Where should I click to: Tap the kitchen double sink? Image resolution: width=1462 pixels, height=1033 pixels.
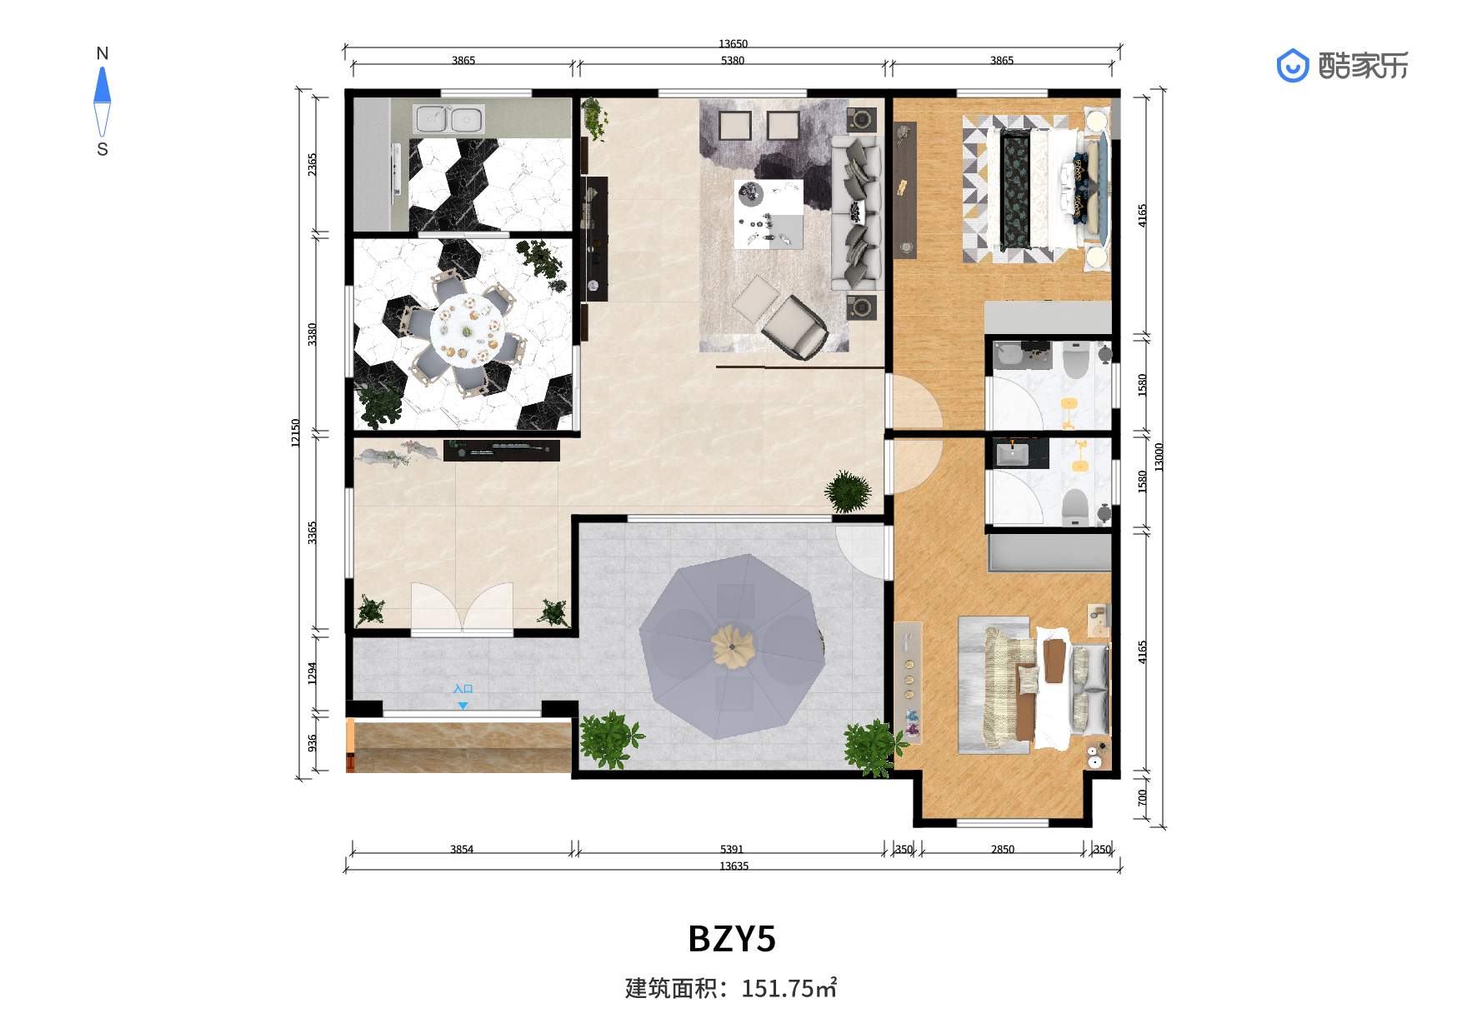448,119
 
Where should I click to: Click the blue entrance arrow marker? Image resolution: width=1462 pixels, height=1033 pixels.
463,706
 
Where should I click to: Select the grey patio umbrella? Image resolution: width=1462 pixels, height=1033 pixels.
733,646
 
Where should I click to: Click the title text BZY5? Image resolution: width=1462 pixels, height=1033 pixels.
732,938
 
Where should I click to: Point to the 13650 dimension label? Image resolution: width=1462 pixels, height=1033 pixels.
733,43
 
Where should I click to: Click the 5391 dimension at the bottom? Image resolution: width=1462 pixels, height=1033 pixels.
731,849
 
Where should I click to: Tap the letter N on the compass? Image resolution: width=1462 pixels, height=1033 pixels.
103,54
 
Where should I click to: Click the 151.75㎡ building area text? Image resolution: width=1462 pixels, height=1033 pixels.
789,988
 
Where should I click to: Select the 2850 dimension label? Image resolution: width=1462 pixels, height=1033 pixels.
1003,849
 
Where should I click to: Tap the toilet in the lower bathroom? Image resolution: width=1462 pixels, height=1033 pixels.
1076,506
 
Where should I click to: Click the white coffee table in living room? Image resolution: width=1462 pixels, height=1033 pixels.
769,213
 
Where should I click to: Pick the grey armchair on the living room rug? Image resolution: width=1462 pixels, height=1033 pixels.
795,327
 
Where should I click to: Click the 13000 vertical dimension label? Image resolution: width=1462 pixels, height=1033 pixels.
1159,457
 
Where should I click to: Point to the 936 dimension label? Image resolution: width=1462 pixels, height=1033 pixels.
312,742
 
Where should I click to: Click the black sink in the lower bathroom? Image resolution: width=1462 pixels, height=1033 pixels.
1013,454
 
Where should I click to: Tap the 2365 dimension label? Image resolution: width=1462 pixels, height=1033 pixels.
312,164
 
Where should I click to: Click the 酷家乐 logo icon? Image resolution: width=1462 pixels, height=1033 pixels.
1293,66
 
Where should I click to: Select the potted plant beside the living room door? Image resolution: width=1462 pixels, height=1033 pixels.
849,492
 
